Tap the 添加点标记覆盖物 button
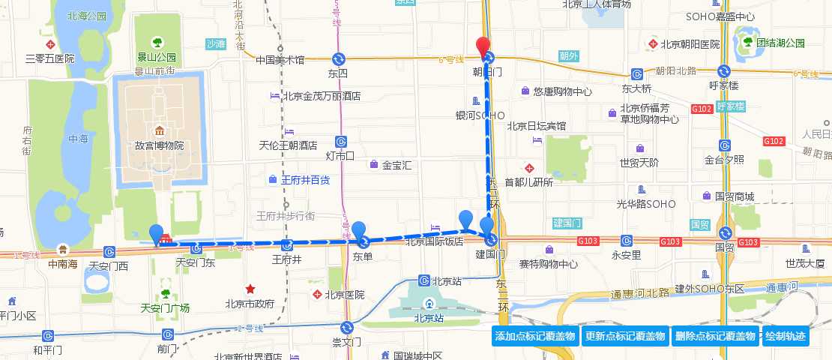coord(534,337)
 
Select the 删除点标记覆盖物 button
coord(714,337)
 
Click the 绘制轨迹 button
coord(786,337)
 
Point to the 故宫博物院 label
coord(159,145)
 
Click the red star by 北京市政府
coord(250,289)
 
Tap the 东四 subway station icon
coord(340,58)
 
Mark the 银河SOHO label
coord(480,115)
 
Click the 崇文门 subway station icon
coord(347,327)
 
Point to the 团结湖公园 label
coord(780,43)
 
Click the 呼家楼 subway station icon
coord(724,71)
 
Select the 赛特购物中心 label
coord(569,263)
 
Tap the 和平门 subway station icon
coord(48,336)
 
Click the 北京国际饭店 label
coord(434,241)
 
